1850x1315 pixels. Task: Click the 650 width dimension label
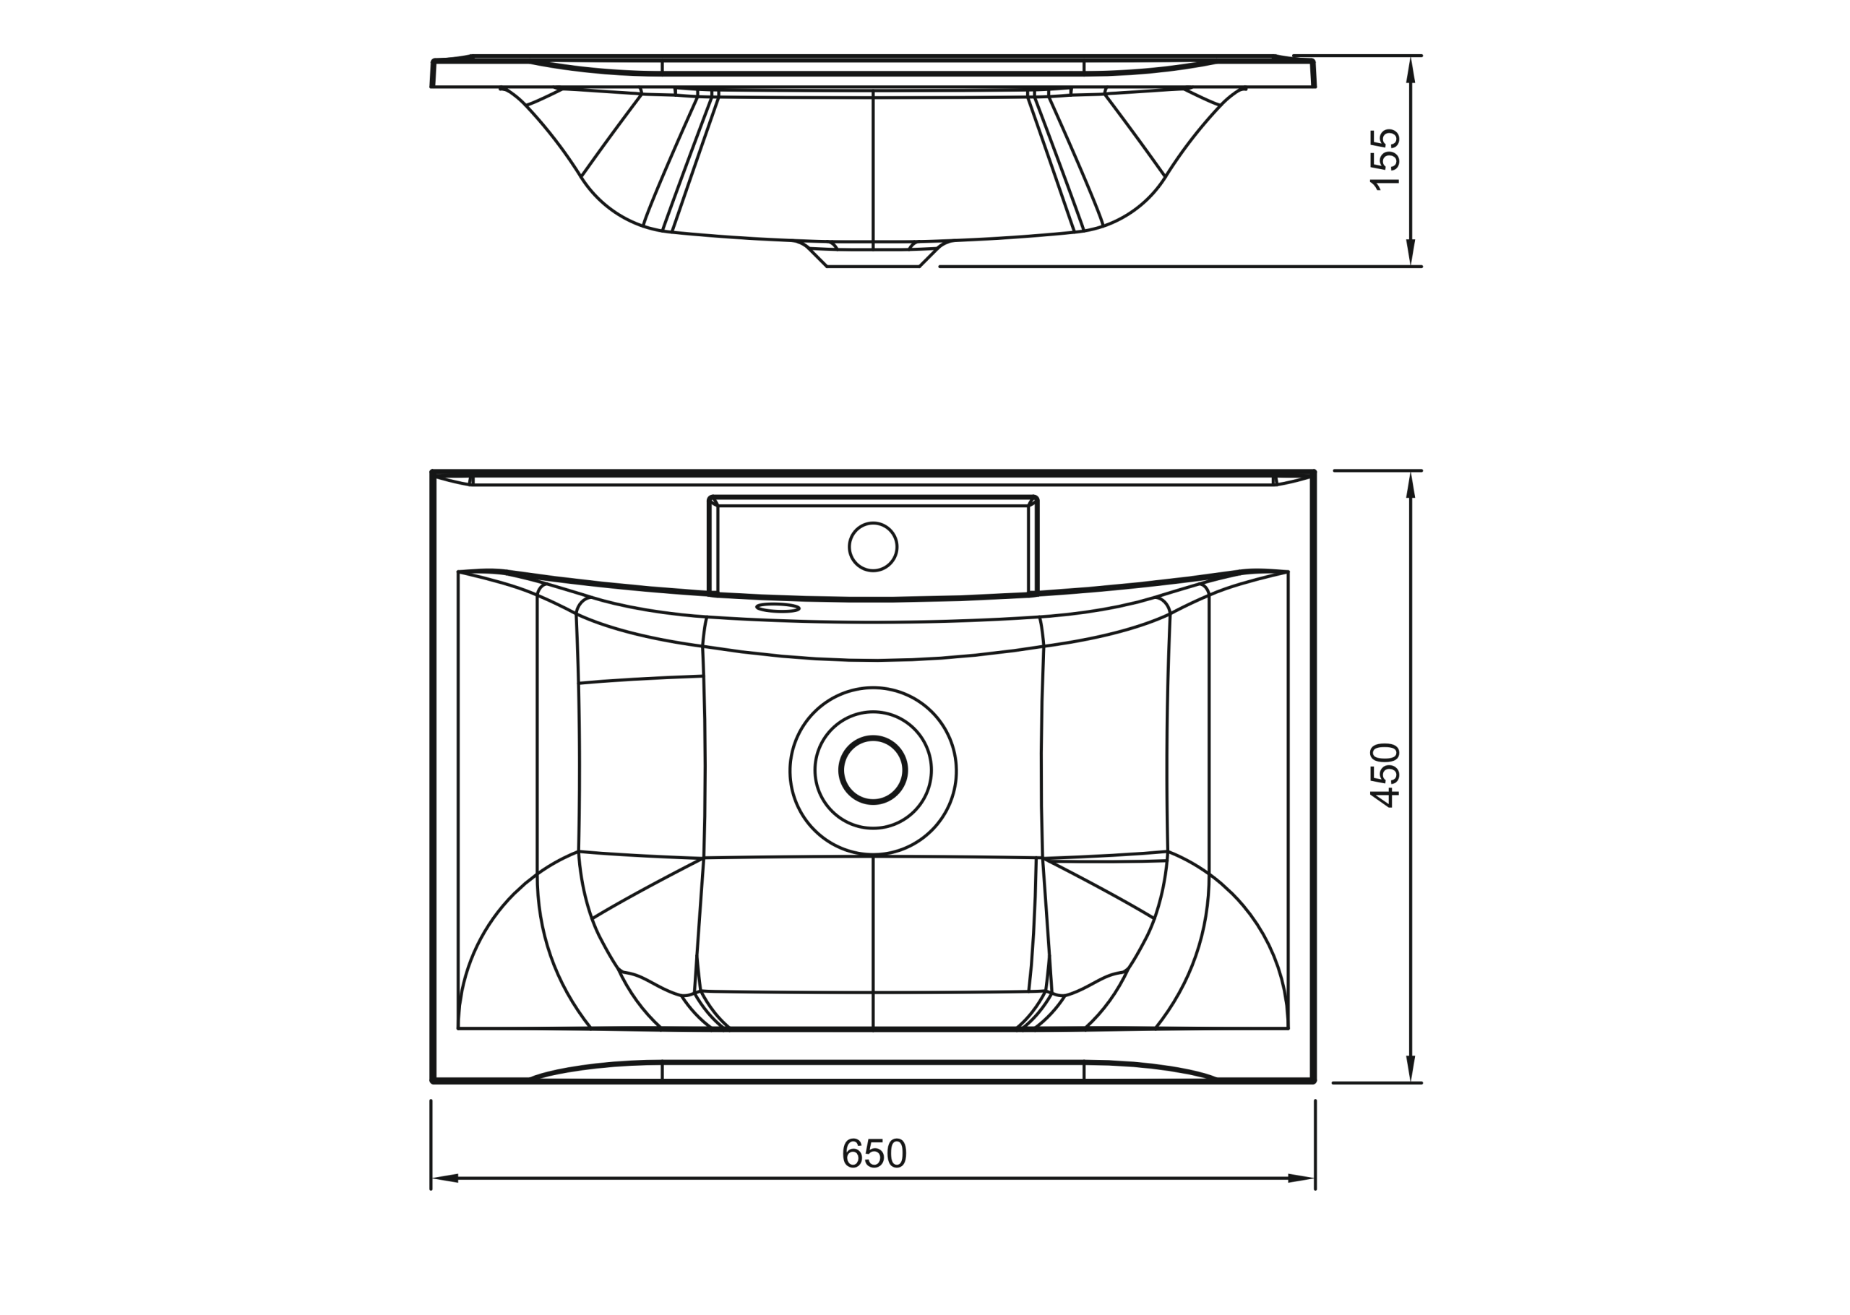[x=874, y=1153]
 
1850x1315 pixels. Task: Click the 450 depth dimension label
[x=1385, y=775]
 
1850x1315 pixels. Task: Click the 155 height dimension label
[x=1385, y=160]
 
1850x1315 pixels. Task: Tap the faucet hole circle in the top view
[x=873, y=546]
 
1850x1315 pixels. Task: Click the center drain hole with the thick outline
[x=873, y=769]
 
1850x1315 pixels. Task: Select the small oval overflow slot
[x=778, y=608]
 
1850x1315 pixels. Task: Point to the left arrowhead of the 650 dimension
[x=446, y=1178]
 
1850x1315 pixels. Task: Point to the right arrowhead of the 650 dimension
[x=1300, y=1178]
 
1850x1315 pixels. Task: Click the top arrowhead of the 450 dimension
[x=1411, y=485]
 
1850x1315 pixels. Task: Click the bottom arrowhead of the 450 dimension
[x=1411, y=1068]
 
